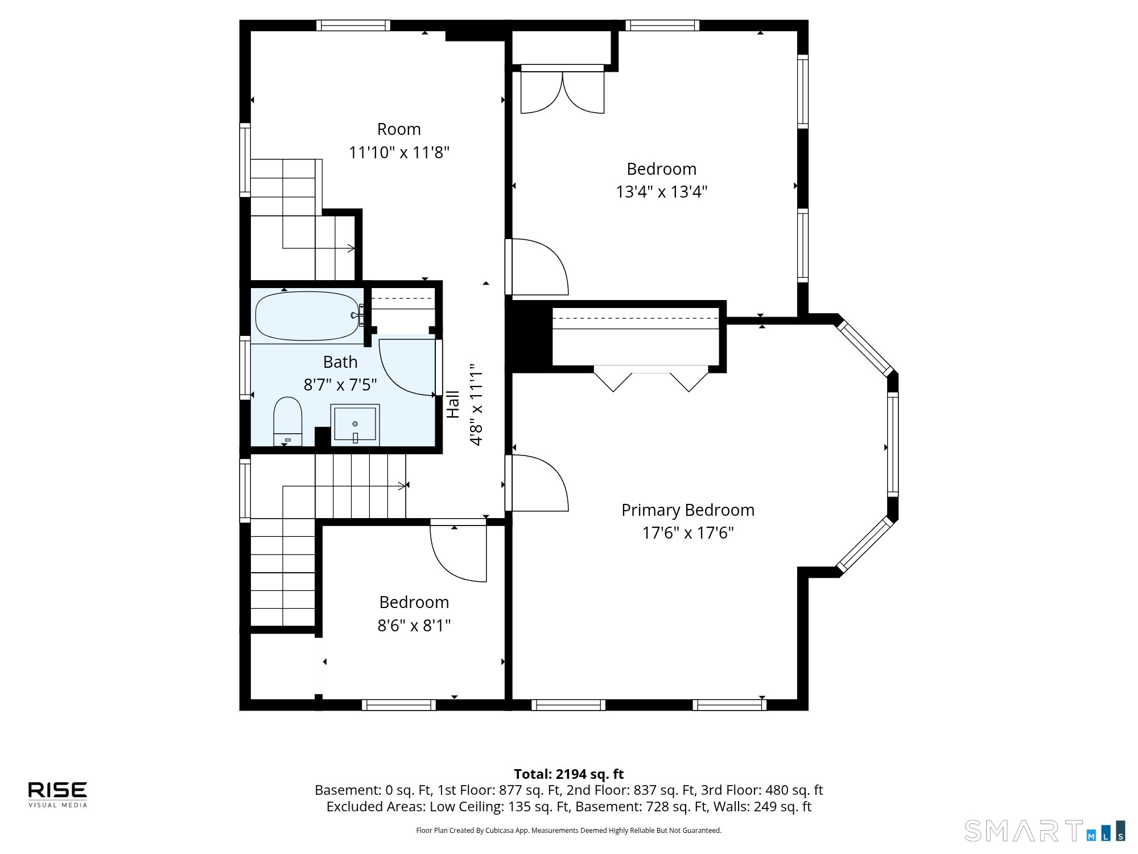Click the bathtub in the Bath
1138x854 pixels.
pos(307,316)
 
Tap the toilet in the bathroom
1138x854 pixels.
pos(287,421)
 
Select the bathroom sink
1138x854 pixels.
pos(356,424)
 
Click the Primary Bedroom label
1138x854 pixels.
pos(688,510)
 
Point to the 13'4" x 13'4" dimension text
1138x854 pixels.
pos(661,192)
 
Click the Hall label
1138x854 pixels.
pos(453,404)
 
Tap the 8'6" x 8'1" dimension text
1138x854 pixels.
pos(414,626)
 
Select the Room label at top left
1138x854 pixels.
pos(399,129)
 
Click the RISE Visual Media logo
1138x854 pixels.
pos(58,794)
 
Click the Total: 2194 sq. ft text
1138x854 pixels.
pos(569,774)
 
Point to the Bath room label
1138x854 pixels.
pos(340,362)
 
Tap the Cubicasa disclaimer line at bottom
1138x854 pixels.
pos(569,831)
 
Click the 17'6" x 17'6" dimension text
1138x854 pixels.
pos(688,533)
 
